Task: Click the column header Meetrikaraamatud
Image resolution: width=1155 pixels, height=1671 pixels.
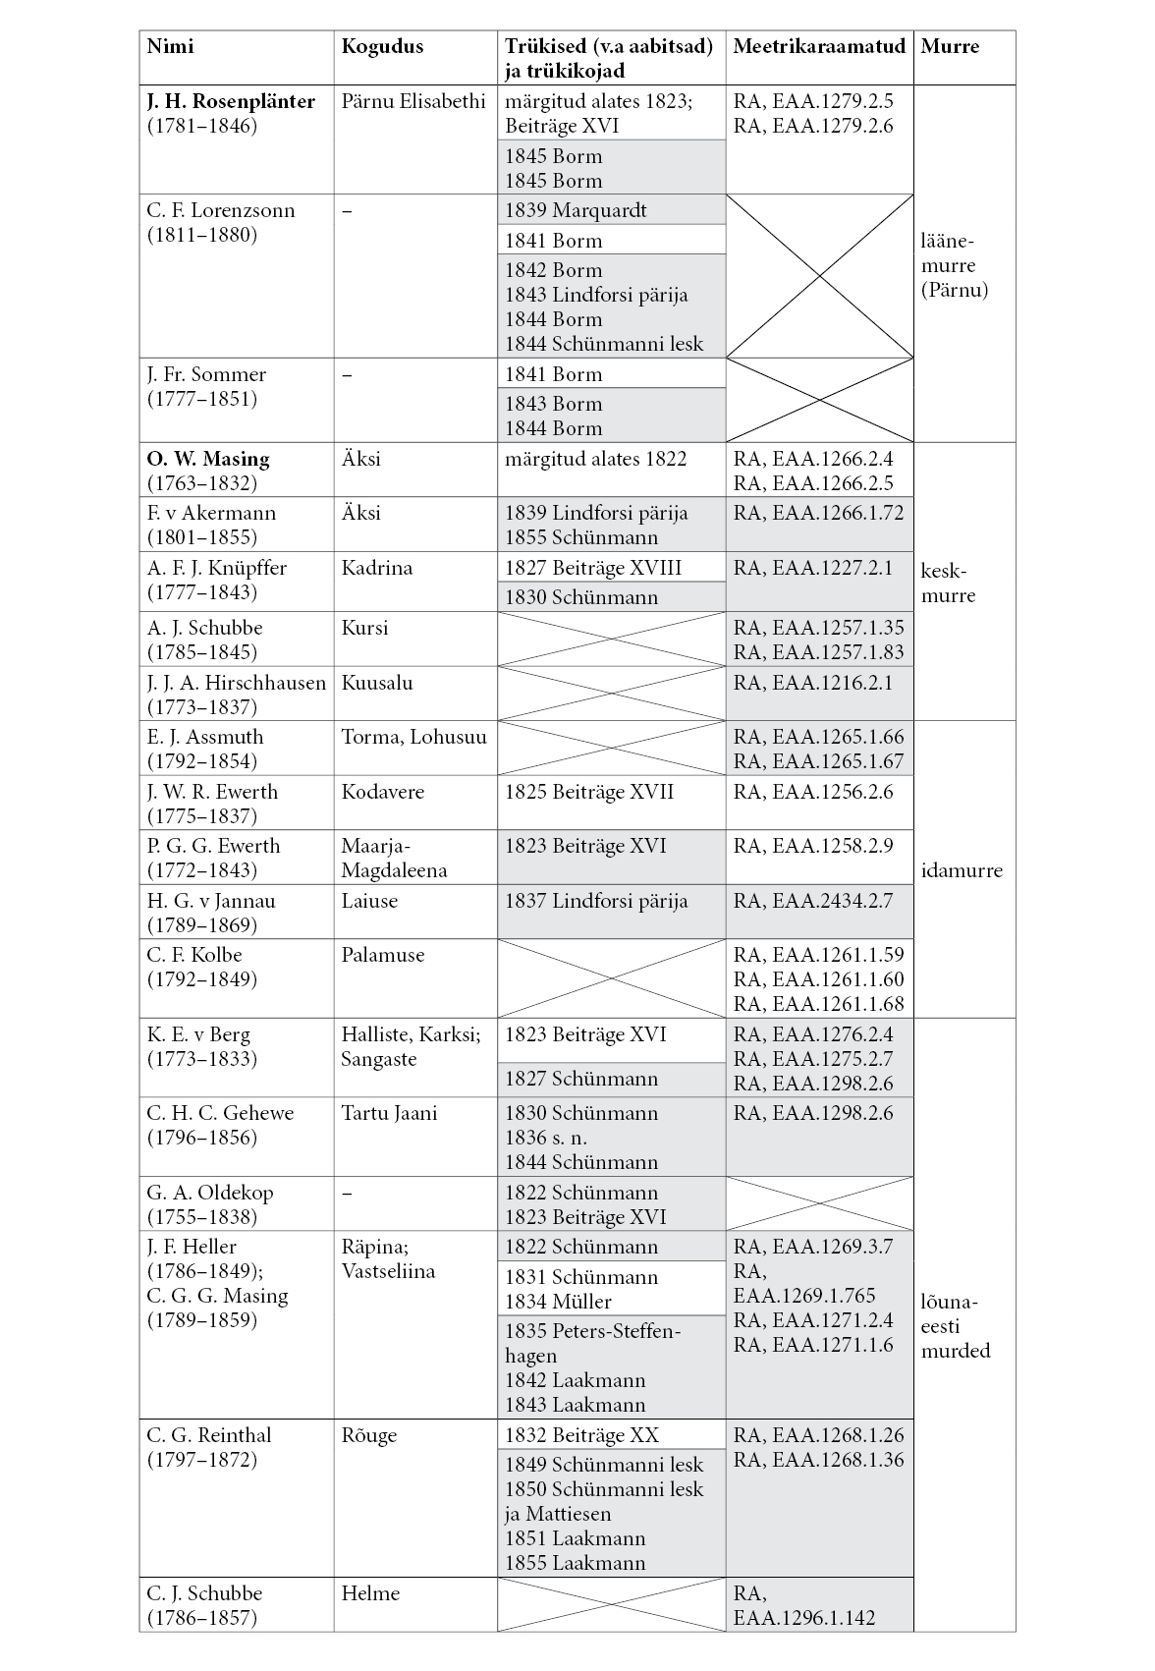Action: (x=819, y=46)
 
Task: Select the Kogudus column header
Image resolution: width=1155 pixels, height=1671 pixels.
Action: (x=382, y=46)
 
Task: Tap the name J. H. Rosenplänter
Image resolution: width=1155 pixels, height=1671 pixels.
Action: (x=231, y=101)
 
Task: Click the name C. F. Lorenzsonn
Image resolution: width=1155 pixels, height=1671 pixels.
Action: (x=221, y=210)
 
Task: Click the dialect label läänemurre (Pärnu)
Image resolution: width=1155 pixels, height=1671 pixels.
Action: (x=954, y=265)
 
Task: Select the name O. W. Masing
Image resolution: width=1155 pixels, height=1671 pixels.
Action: (x=208, y=459)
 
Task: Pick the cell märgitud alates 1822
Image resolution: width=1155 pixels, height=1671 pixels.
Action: (x=595, y=459)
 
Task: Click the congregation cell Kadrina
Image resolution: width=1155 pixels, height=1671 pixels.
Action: (x=377, y=568)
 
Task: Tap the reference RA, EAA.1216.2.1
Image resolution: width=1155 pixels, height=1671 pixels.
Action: (x=813, y=683)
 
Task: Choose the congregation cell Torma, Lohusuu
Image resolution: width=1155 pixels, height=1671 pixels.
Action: (x=413, y=737)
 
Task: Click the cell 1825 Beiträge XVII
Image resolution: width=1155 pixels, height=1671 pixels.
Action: (x=589, y=792)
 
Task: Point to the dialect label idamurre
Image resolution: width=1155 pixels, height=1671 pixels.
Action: (x=962, y=870)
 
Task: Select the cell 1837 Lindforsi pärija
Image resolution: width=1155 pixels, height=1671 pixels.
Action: (x=596, y=901)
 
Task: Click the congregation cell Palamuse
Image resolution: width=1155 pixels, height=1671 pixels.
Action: (x=383, y=955)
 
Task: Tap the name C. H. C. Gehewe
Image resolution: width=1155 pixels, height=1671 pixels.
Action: (x=220, y=1113)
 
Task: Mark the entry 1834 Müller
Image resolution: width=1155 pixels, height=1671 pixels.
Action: (x=558, y=1302)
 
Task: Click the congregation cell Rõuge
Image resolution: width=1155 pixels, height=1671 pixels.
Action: (x=369, y=1435)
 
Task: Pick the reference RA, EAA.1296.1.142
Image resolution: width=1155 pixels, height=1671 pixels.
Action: (x=804, y=1606)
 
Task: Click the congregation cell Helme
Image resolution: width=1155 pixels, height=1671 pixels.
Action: (x=370, y=1593)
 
